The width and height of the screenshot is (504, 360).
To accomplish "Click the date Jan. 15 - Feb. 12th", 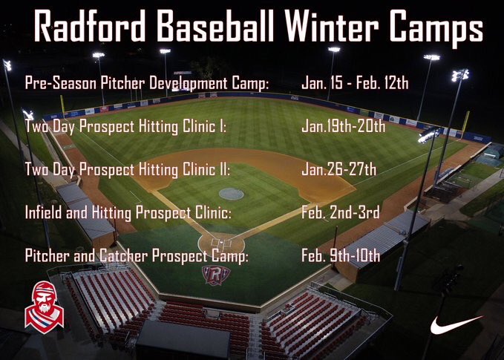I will pos(355,82).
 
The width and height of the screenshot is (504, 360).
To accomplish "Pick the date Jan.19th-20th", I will pos(343,125).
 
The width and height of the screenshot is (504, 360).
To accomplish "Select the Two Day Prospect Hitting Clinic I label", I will pos(125,126).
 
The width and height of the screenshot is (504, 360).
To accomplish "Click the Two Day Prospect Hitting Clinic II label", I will pos(127,169).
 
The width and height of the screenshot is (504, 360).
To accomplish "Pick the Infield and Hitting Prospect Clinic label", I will pos(128,213).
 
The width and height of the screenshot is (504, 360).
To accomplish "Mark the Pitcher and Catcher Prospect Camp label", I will pos(137,256).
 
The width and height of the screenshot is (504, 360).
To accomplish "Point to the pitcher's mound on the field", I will pos(231,193).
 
